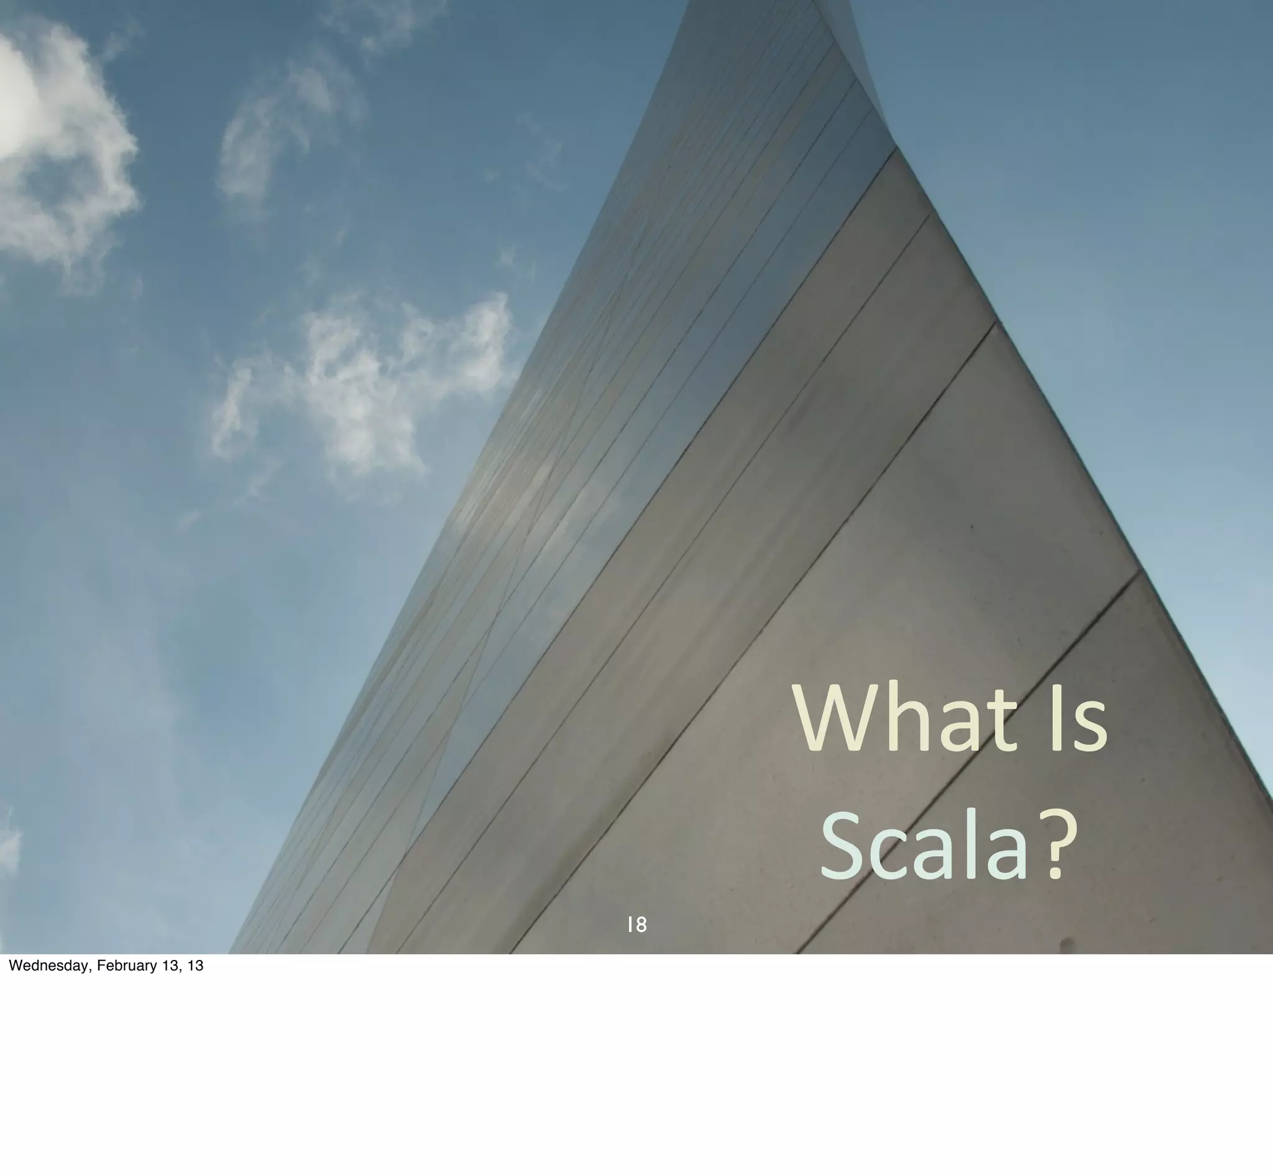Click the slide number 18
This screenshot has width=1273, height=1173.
click(637, 925)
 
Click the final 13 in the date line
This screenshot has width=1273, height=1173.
click(196, 965)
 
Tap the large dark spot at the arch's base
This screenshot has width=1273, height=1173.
click(1067, 944)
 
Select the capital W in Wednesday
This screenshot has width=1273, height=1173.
click(14, 965)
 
